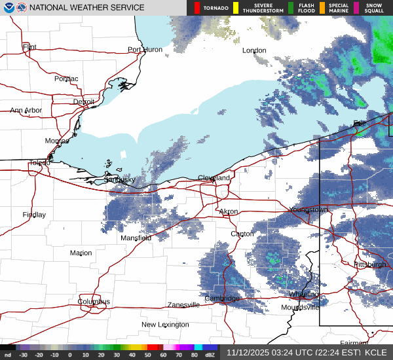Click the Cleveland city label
pyautogui.click(x=214, y=178)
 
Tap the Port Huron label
pyautogui.click(x=144, y=50)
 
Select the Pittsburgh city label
pyautogui.click(x=370, y=264)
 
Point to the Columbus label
pyautogui.click(x=94, y=302)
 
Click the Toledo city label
pyautogui.click(x=39, y=163)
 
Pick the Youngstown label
pyautogui.click(x=309, y=209)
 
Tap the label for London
pyautogui.click(x=254, y=50)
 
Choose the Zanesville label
pyautogui.click(x=183, y=305)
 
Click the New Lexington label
pyautogui.click(x=166, y=325)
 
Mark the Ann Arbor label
pyautogui.click(x=26, y=111)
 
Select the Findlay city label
pyautogui.click(x=34, y=215)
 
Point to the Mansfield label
pyautogui.click(x=136, y=238)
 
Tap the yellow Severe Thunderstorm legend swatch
pyautogui.click(x=235, y=8)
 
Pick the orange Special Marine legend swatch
pyautogui.click(x=322, y=8)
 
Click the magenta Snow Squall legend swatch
pyautogui.click(x=356, y=8)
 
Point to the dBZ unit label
pyautogui.click(x=210, y=355)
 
